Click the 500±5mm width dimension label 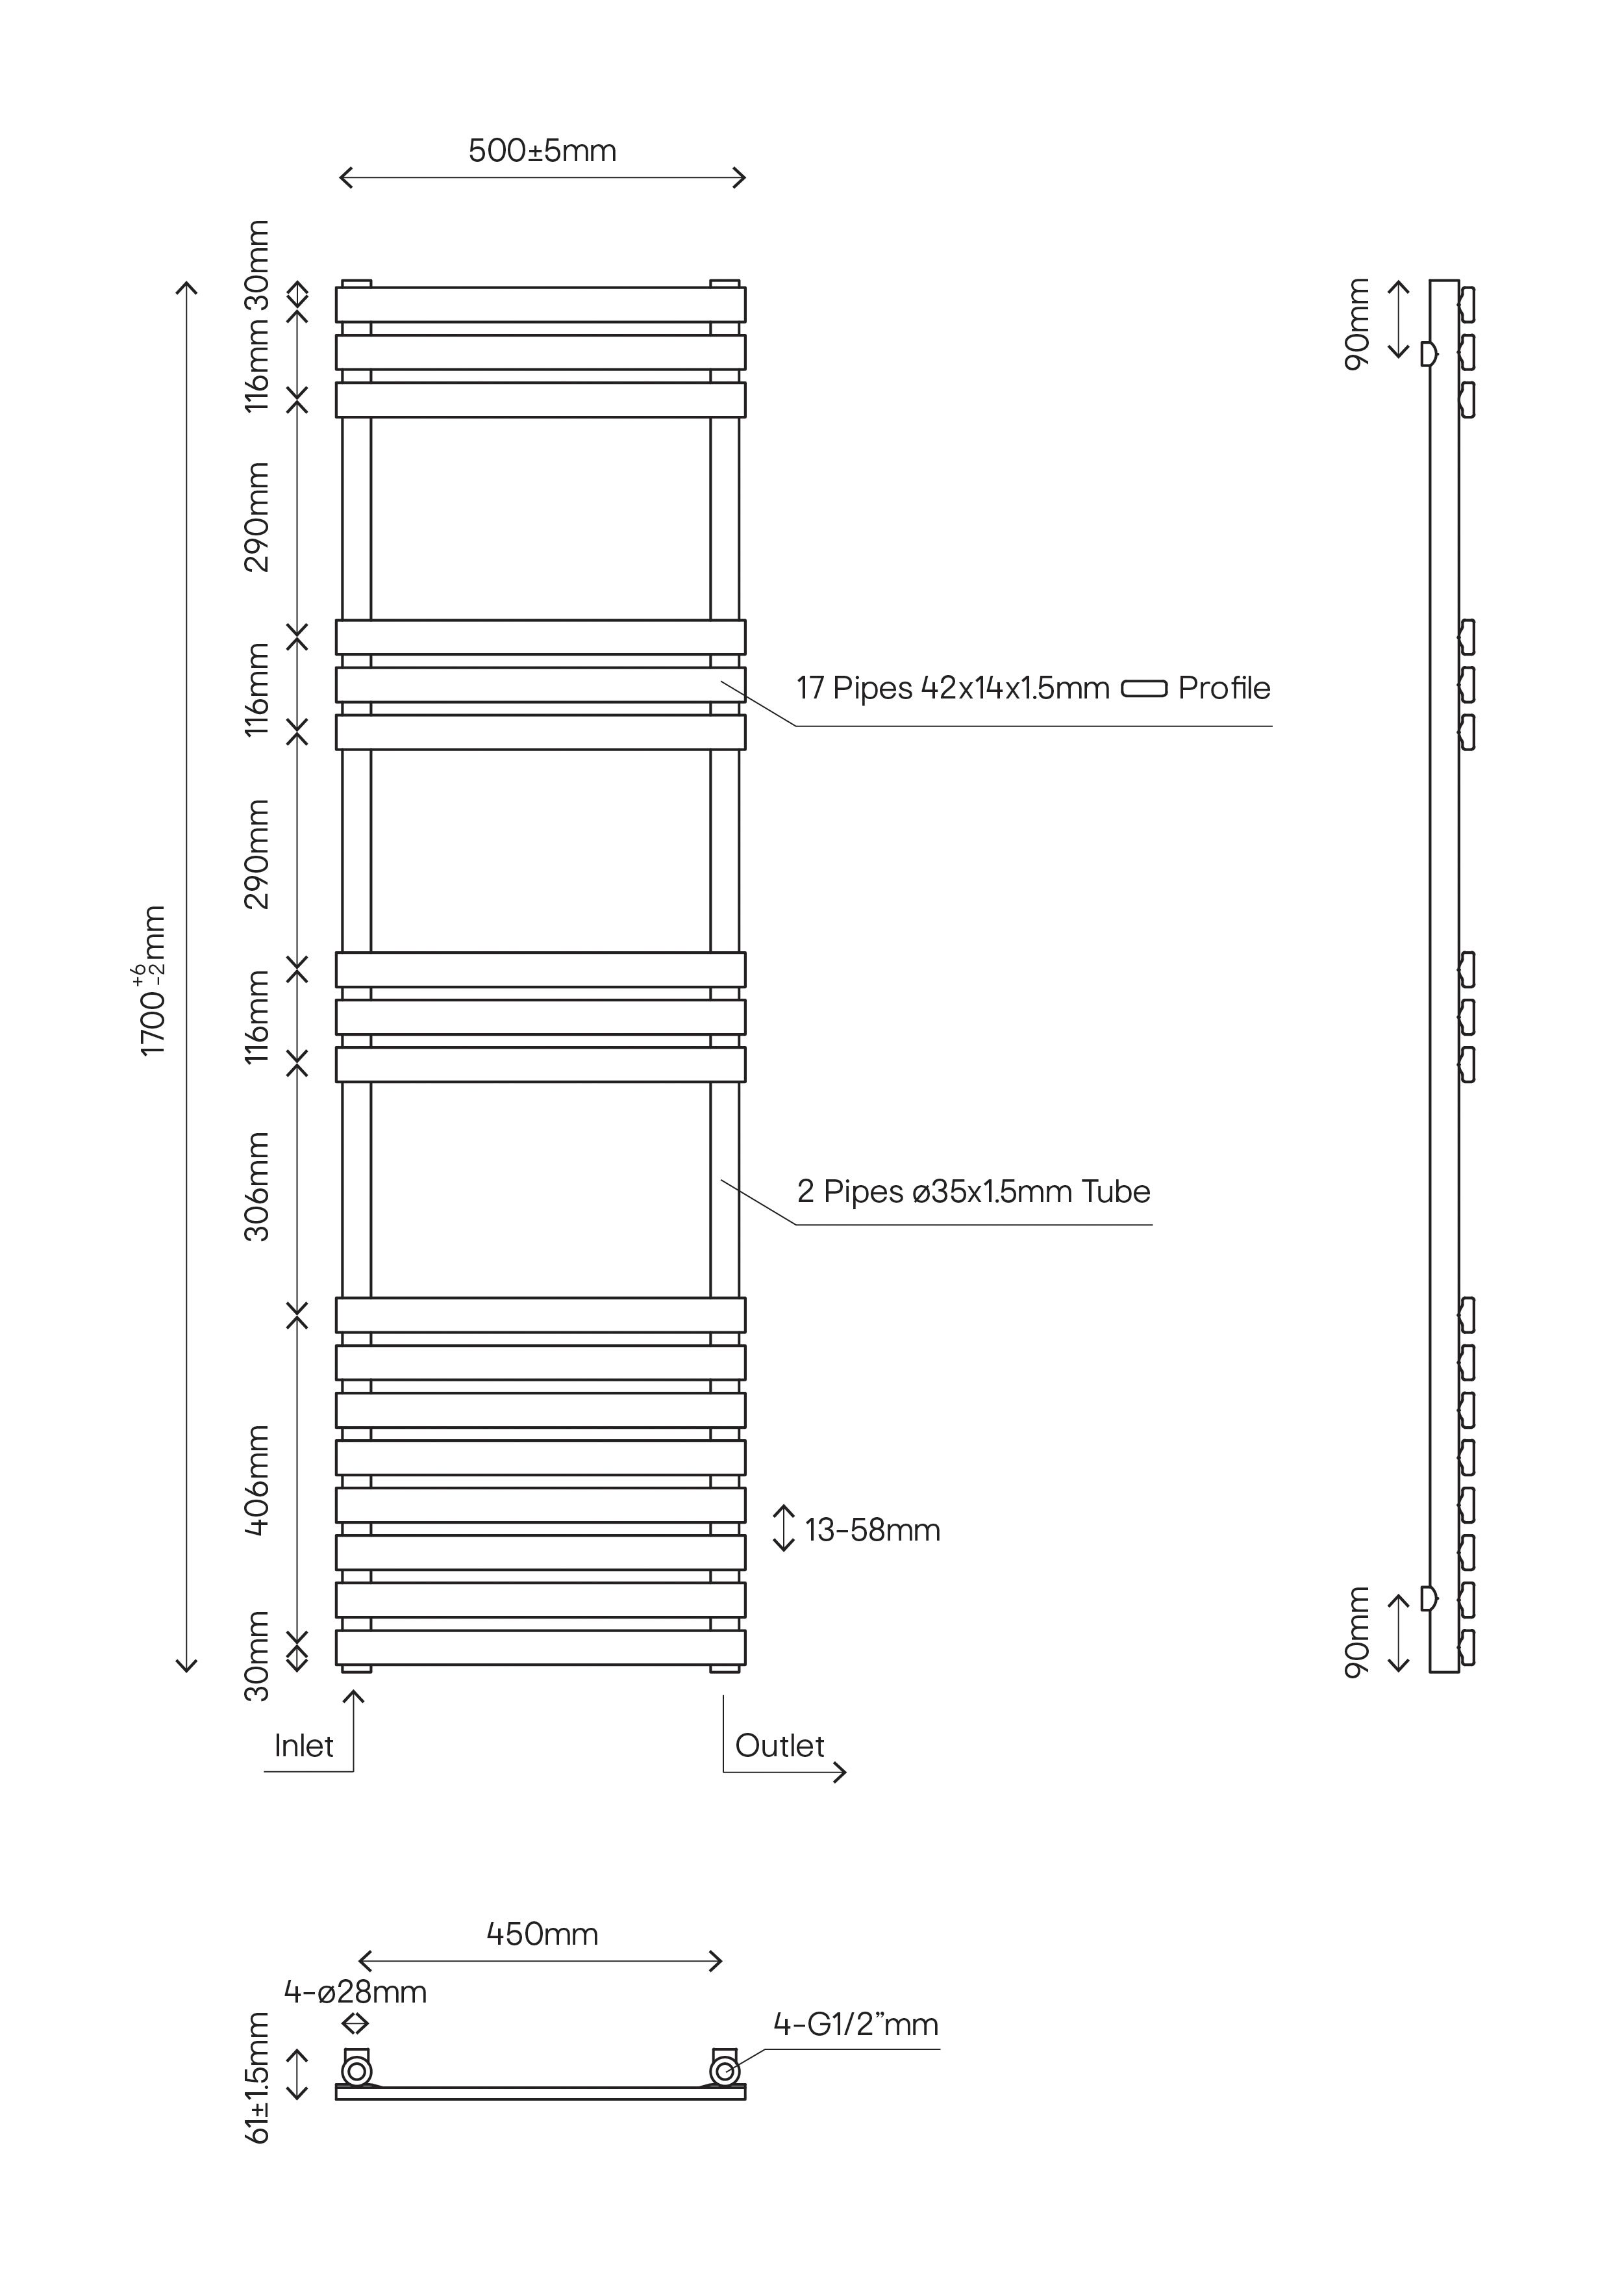coord(542,151)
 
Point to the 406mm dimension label coord(257,1481)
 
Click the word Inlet coord(304,1746)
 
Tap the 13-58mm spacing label coord(871,1530)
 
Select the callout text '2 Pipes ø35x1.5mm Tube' coord(973,1192)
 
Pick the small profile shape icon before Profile coord(1143,688)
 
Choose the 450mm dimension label coord(542,1934)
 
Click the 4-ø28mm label coord(355,1992)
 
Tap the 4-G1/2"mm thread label coord(856,2024)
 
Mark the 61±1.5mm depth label coord(257,2077)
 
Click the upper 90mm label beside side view coord(1356,324)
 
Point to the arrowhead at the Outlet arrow coord(841,1772)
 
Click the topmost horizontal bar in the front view coord(540,304)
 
